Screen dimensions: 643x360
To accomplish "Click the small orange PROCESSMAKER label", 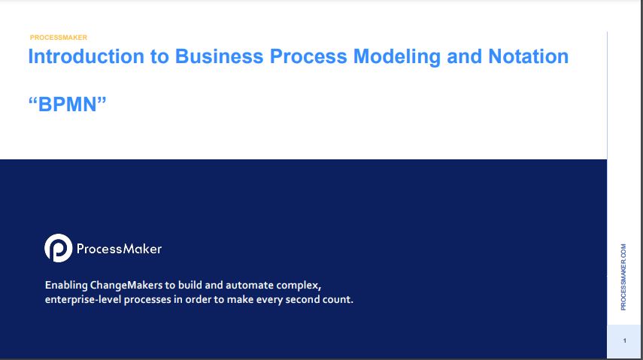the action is click(x=58, y=38).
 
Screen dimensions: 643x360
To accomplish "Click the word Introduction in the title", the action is click(x=86, y=56).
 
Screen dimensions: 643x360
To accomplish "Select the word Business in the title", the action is click(x=219, y=56).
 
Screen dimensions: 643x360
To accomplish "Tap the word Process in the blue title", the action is click(x=308, y=56).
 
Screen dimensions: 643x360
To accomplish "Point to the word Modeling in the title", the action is click(x=396, y=57).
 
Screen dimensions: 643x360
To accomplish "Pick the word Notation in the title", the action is click(x=528, y=56).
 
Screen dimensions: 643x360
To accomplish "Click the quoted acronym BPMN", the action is click(x=67, y=104).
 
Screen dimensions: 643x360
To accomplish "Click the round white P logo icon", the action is click(x=58, y=248).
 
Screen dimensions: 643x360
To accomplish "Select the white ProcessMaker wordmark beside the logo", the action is click(x=119, y=249).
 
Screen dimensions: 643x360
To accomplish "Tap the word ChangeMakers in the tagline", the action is click(x=126, y=286).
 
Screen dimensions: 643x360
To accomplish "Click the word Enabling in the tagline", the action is click(x=66, y=286).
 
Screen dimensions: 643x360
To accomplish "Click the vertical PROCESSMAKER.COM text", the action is click(x=623, y=277).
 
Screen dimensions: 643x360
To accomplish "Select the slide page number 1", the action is click(x=624, y=340).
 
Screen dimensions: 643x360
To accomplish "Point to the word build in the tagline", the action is click(x=189, y=285).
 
